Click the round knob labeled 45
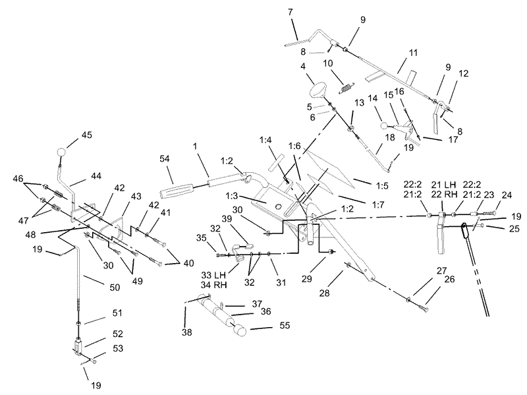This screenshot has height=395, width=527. pyautogui.click(x=61, y=152)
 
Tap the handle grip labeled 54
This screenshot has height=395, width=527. pyautogui.click(x=176, y=190)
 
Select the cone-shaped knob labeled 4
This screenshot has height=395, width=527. pyautogui.click(x=317, y=90)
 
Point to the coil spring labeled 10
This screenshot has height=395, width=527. pyautogui.click(x=346, y=88)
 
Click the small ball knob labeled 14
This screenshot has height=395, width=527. pyautogui.click(x=384, y=126)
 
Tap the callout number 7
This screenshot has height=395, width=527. pyautogui.click(x=291, y=12)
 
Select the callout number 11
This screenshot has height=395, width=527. pyautogui.click(x=413, y=53)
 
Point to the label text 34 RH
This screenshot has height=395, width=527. pyautogui.click(x=214, y=285)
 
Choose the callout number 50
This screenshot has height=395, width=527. pyautogui.click(x=115, y=288)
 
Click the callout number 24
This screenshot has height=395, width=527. pyautogui.click(x=507, y=195)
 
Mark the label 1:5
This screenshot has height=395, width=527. pyautogui.click(x=382, y=185)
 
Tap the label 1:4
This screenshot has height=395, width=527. pyautogui.click(x=265, y=140)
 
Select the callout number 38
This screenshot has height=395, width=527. pyautogui.click(x=187, y=332)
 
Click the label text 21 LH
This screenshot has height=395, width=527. pyautogui.click(x=443, y=185)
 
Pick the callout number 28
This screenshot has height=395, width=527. pyautogui.click(x=324, y=293)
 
